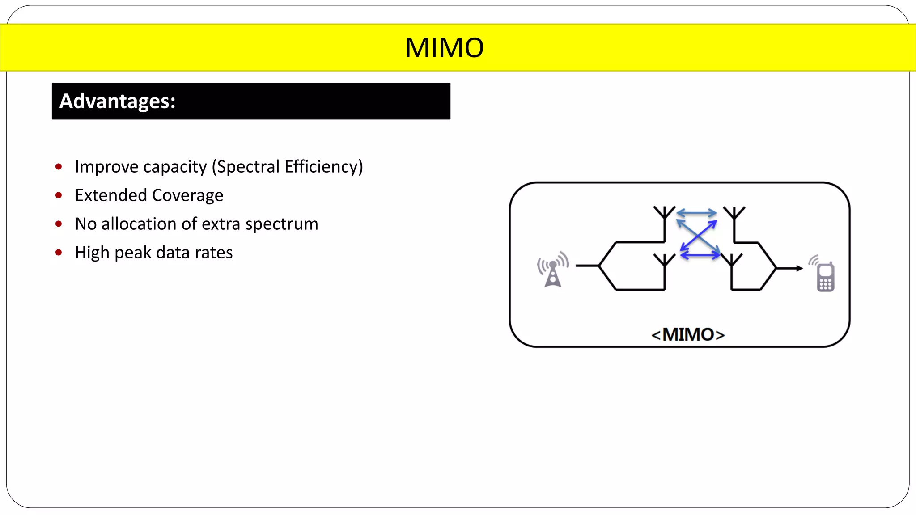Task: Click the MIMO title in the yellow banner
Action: pyautogui.click(x=444, y=48)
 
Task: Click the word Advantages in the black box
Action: pyautogui.click(x=117, y=101)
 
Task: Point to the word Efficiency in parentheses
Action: pyautogui.click(x=321, y=167)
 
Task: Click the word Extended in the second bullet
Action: pyautogui.click(x=110, y=195)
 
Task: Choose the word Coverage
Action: pyautogui.click(x=187, y=195)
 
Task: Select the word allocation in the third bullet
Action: pyautogui.click(x=139, y=224)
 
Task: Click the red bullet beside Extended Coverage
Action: pyautogui.click(x=59, y=195)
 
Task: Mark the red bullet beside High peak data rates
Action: pyautogui.click(x=59, y=253)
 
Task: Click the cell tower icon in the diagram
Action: pyautogui.click(x=553, y=270)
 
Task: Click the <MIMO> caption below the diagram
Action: pyautogui.click(x=688, y=334)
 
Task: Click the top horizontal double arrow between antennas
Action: pyautogui.click(x=696, y=213)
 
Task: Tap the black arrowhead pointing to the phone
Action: pyautogui.click(x=799, y=268)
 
